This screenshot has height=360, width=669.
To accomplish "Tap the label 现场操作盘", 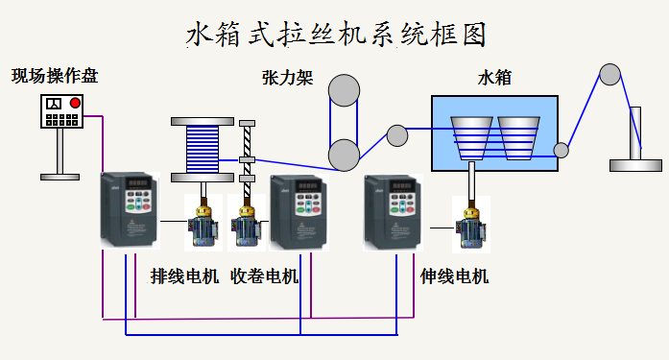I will (55, 75).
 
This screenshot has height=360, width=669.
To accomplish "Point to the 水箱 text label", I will (494, 77).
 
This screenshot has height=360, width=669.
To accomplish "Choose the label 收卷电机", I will (264, 276).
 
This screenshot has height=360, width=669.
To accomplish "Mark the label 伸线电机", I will (455, 276).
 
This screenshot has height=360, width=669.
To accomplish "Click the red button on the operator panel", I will (75, 104).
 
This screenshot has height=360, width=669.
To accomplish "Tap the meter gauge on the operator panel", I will (54, 104).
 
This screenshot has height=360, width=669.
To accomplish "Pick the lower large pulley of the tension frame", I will (344, 154).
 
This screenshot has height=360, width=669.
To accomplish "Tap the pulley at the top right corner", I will (609, 74).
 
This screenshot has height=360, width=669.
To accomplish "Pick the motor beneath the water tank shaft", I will (472, 227).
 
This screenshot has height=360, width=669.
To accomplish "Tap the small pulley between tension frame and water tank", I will (396, 135).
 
